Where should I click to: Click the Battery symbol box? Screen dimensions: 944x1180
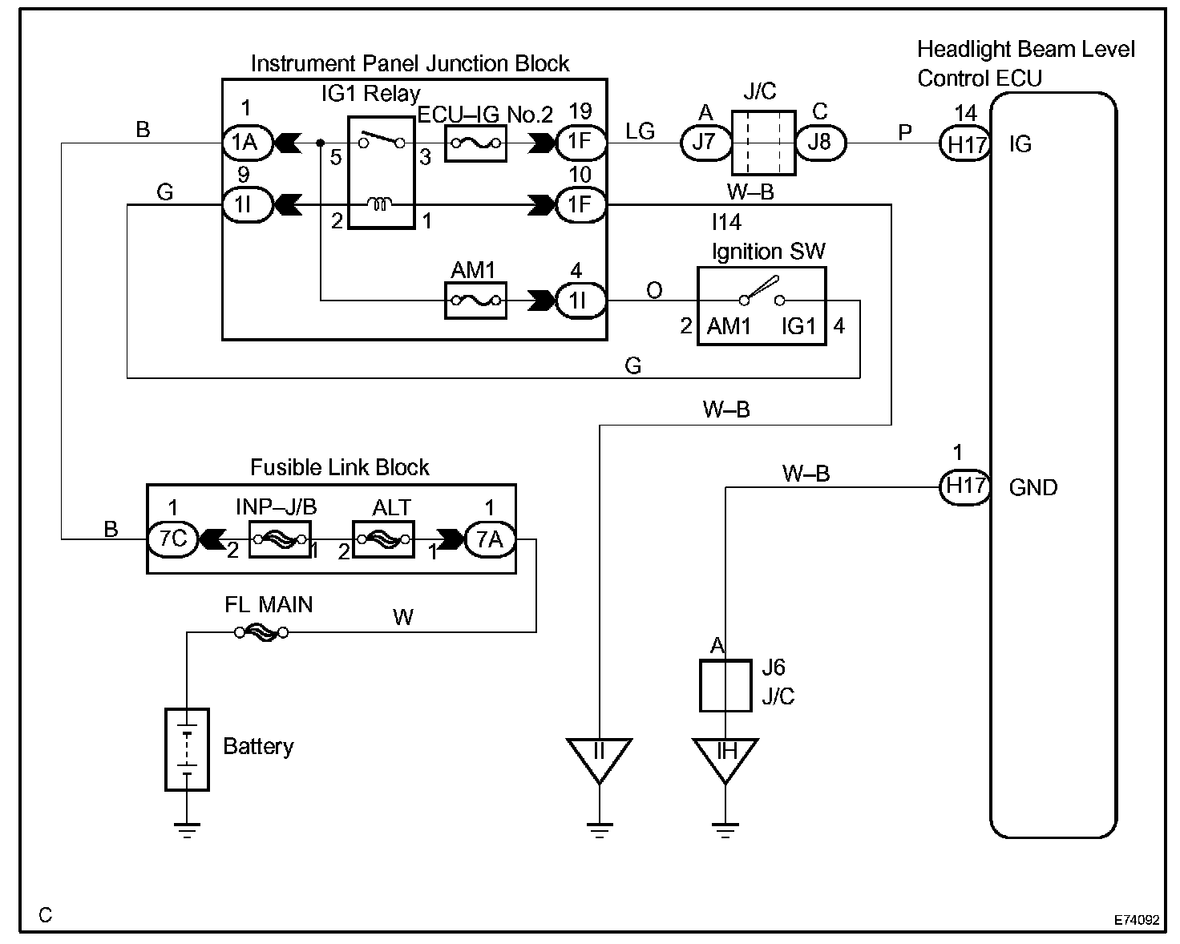point(187,749)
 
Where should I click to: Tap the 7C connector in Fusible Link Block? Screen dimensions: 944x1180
point(172,539)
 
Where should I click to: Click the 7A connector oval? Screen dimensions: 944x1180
point(489,539)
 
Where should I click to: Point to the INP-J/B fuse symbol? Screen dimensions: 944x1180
point(279,539)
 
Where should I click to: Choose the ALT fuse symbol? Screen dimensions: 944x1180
point(383,539)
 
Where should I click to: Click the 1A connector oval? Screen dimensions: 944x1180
point(244,143)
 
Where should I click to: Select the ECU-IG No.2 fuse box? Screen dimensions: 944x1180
point(475,143)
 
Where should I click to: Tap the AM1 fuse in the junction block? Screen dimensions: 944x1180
point(475,301)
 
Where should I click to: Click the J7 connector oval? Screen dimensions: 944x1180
point(704,143)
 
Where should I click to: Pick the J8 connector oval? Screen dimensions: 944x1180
point(820,143)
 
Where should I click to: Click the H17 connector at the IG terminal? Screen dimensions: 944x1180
point(965,144)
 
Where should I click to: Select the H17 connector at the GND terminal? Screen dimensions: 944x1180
point(965,486)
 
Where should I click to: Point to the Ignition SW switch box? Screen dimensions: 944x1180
point(761,306)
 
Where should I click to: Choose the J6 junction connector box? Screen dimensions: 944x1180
point(725,685)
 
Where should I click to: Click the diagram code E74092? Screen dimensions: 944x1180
point(1136,920)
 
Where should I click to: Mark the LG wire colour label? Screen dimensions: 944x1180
point(640,131)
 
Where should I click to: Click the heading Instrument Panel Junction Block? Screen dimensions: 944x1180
point(410,63)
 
